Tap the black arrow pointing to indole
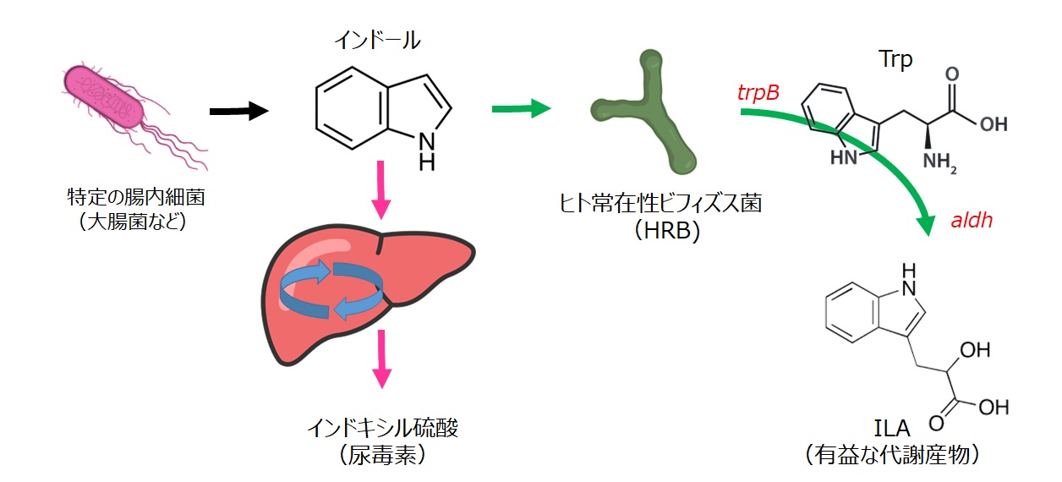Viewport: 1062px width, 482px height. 238,111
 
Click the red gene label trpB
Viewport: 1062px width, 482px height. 758,92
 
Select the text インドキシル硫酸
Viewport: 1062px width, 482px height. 382,428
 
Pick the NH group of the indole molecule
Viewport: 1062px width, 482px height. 427,149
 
